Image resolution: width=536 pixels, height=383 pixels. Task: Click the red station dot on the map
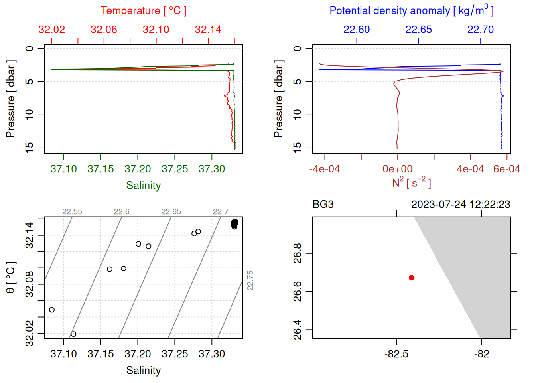point(411,278)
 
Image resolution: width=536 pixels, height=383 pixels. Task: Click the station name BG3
point(323,205)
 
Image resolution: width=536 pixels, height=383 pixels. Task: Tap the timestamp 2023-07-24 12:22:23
point(461,205)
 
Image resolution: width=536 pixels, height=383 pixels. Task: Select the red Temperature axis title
point(144,11)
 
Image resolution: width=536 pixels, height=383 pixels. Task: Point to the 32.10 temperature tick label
point(156,30)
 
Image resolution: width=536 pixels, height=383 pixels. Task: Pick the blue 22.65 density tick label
point(418,30)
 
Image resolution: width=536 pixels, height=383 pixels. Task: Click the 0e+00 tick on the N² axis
point(398,169)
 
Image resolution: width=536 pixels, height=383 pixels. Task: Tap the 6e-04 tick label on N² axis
point(506,169)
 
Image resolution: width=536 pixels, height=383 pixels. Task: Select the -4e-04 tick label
point(325,169)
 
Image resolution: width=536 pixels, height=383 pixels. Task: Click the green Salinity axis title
point(144,186)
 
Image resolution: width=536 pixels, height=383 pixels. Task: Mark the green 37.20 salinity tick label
point(138,169)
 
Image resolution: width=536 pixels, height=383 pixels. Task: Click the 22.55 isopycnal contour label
point(72,212)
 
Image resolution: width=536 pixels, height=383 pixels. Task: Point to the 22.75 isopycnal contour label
point(250,280)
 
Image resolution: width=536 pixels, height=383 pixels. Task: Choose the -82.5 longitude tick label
point(396,354)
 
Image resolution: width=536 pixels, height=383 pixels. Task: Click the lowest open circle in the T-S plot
point(73,334)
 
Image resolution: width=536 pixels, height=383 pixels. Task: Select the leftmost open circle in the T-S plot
point(52,310)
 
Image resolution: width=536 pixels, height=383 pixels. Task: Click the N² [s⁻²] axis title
point(411,183)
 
